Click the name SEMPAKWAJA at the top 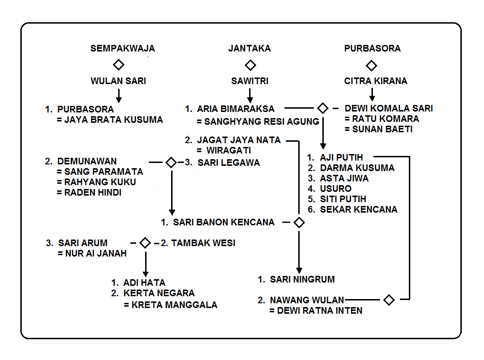pyautogui.click(x=122, y=48)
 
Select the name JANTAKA pyautogui.click(x=250, y=48)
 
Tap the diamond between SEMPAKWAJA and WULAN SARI pyautogui.click(x=119, y=65)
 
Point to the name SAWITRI pyautogui.click(x=250, y=81)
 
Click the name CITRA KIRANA pyautogui.click(x=376, y=81)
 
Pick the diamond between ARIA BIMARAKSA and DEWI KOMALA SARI pyautogui.click(x=323, y=108)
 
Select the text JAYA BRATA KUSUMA pyautogui.click(x=113, y=120)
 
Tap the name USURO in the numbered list pyautogui.click(x=336, y=189)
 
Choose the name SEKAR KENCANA pyautogui.click(x=359, y=209)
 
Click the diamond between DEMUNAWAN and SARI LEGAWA pyautogui.click(x=171, y=163)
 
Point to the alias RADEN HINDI pyautogui.click(x=93, y=192)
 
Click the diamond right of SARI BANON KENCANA pyautogui.click(x=299, y=223)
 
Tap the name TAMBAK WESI pyautogui.click(x=203, y=243)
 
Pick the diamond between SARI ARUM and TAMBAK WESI pyautogui.click(x=145, y=243)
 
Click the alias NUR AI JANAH pyautogui.click(x=92, y=254)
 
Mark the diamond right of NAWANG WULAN pyautogui.click(x=389, y=300)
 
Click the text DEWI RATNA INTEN pyautogui.click(x=320, y=310)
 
